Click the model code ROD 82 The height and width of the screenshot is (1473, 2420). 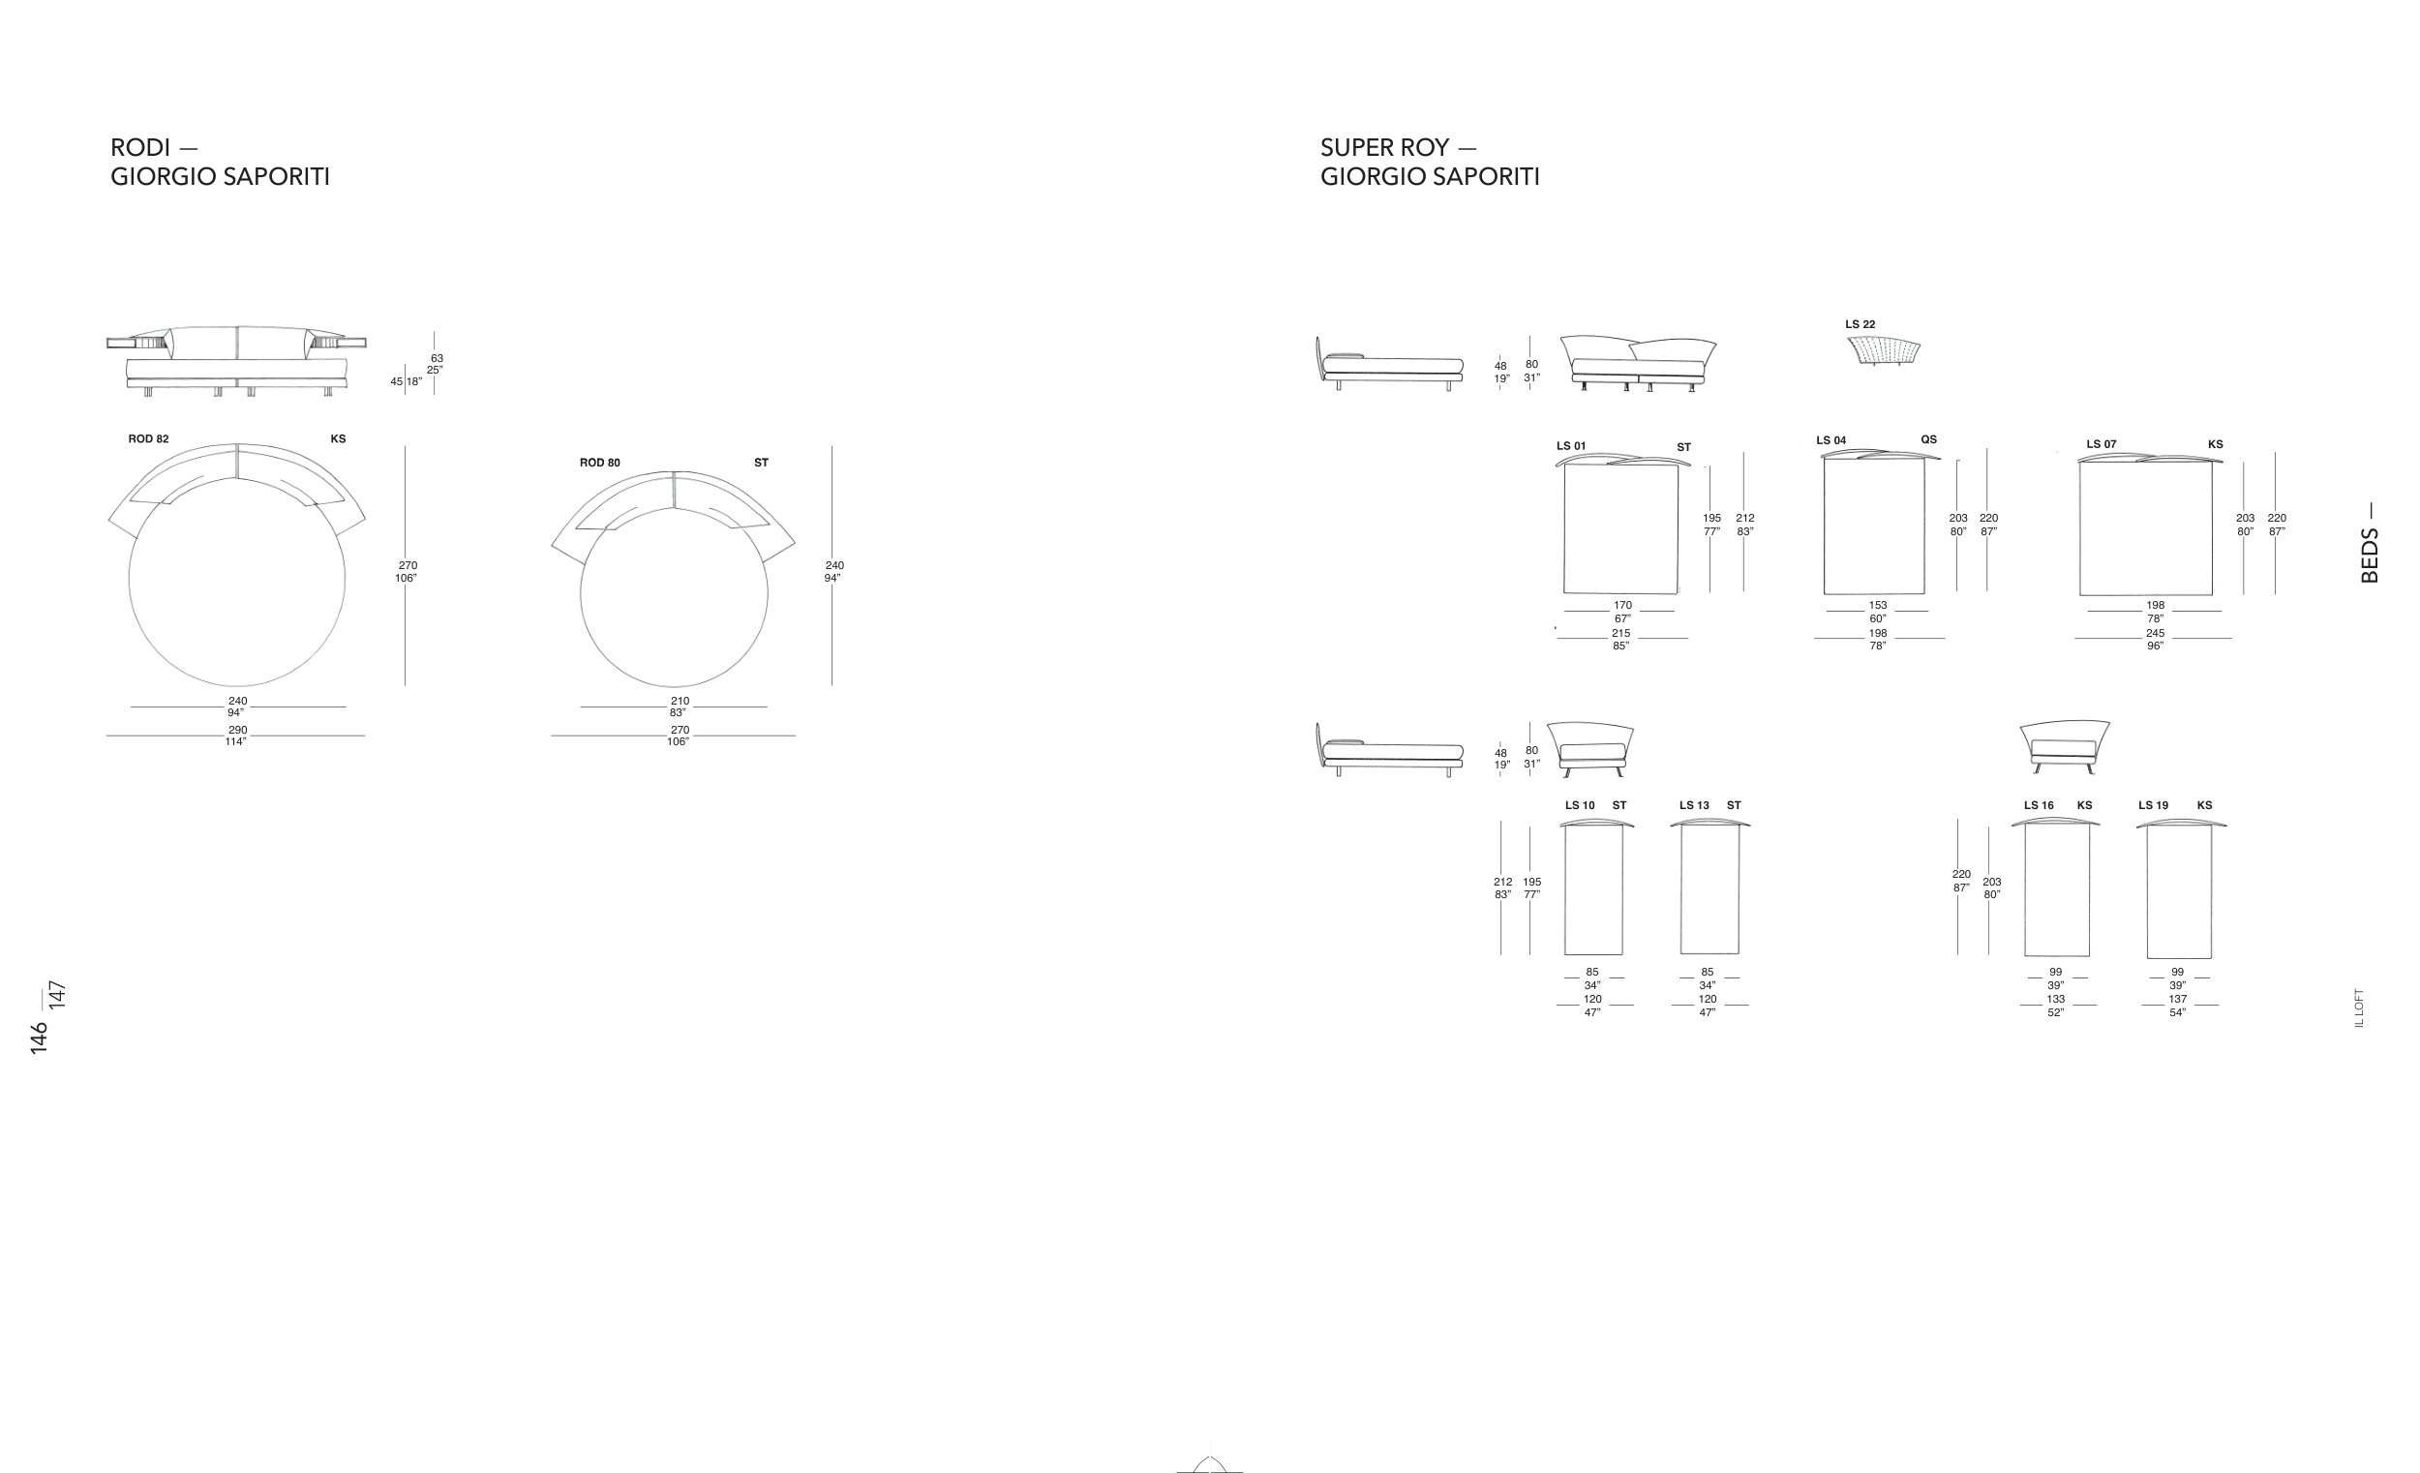click(148, 439)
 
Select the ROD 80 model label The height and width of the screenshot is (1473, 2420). click(599, 463)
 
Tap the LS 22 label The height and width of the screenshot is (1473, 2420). click(1860, 324)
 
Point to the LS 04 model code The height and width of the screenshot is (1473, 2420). click(1830, 441)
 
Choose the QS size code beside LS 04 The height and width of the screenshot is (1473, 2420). click(1928, 440)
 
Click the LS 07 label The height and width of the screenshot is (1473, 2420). click(2101, 445)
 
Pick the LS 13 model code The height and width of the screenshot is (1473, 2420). click(1693, 805)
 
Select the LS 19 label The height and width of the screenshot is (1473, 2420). click(2153, 805)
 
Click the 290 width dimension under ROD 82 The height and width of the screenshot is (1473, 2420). click(238, 731)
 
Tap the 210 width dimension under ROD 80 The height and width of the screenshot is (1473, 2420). click(680, 701)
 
